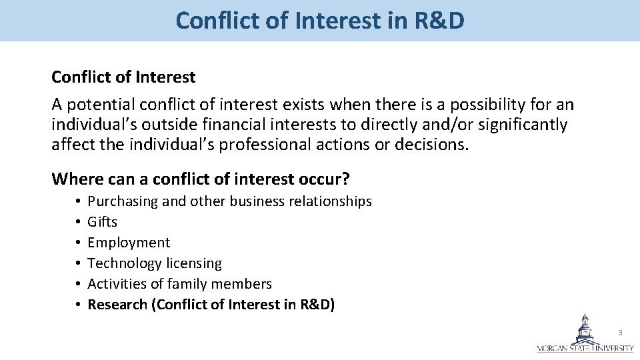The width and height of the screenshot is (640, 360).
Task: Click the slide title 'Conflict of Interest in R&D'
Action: (320, 21)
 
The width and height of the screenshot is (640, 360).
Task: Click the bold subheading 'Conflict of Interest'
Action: (123, 77)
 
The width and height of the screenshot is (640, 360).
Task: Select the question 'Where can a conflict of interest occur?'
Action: (201, 179)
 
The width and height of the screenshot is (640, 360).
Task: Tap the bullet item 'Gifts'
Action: (103, 222)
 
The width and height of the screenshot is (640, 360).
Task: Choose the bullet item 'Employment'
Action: (129, 243)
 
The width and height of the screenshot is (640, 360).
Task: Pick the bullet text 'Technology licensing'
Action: (155, 263)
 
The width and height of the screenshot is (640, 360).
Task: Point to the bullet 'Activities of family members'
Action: (180, 284)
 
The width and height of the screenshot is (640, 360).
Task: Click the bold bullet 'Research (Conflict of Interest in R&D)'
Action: (211, 305)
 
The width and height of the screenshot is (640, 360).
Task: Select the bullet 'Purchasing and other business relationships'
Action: (230, 201)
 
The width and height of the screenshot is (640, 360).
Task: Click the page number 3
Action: (620, 332)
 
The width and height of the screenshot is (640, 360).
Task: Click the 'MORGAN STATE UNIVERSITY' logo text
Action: (586, 348)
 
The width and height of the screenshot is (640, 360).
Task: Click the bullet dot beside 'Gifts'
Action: (78, 222)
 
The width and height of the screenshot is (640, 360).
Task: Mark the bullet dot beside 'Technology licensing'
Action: (78, 263)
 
